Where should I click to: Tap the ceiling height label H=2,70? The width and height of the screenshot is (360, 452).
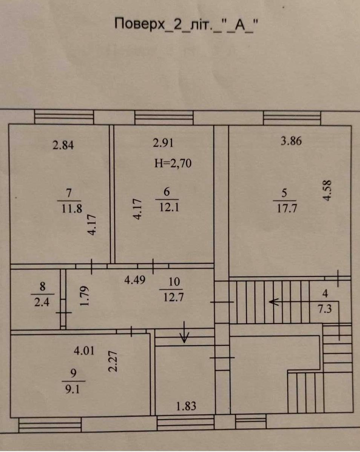pyautogui.click(x=173, y=163)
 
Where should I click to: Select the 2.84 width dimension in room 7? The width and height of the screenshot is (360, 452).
pyautogui.click(x=63, y=145)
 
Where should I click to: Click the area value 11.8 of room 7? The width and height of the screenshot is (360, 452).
pyautogui.click(x=72, y=209)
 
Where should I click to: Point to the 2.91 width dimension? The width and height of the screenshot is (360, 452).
pyautogui.click(x=163, y=144)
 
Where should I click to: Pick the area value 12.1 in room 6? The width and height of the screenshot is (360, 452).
pyautogui.click(x=169, y=208)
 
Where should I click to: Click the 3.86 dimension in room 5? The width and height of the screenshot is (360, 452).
pyautogui.click(x=291, y=141)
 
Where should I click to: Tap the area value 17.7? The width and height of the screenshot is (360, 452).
pyautogui.click(x=286, y=209)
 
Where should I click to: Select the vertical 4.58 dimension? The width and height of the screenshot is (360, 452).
pyautogui.click(x=327, y=190)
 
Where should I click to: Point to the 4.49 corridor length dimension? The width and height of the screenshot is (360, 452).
pyautogui.click(x=135, y=280)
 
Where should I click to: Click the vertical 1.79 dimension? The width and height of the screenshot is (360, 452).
pyautogui.click(x=85, y=296)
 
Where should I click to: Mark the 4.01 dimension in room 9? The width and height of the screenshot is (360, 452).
pyautogui.click(x=84, y=351)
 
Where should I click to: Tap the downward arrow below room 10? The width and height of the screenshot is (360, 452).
pyautogui.click(x=184, y=332)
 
